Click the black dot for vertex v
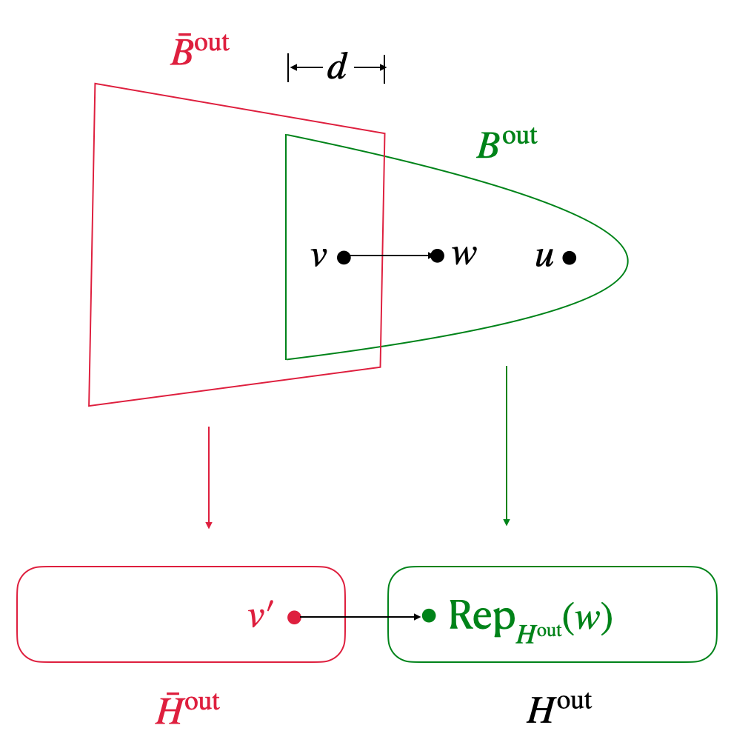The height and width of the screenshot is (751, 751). point(344,258)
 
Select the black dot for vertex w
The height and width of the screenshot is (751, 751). point(437,256)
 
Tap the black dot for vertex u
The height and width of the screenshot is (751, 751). point(569,258)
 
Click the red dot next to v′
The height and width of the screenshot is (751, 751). point(294,617)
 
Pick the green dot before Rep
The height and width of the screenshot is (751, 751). point(429,615)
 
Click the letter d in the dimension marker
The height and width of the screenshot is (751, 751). point(337,67)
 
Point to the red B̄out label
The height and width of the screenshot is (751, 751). point(199,50)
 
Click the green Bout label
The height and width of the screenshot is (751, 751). point(507,142)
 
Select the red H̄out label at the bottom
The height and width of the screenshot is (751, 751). point(187,708)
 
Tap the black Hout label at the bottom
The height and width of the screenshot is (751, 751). point(559,708)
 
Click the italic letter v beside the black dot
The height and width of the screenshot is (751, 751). point(318,256)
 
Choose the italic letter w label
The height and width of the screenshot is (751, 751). point(464,254)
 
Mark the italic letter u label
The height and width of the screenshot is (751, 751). point(544,257)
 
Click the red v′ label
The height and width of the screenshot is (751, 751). point(260,615)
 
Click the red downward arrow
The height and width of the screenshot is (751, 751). point(209,474)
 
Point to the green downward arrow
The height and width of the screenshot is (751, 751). point(507,444)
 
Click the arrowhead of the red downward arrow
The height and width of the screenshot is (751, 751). point(209,525)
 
